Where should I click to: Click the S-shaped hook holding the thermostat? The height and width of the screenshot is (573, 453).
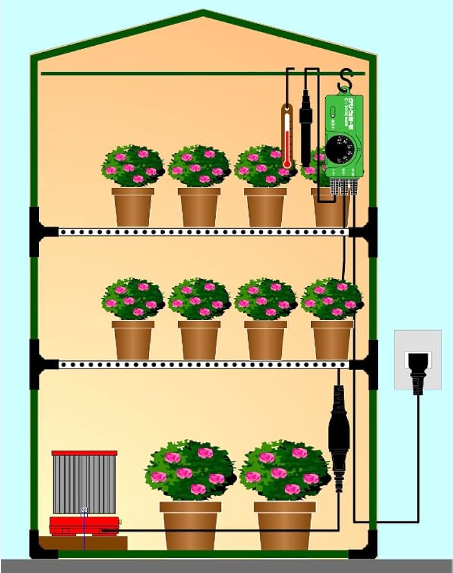345,80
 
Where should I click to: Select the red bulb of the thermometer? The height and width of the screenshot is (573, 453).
287,164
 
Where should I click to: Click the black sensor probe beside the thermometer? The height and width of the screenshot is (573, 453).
306,123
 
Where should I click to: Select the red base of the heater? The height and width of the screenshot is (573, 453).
84,525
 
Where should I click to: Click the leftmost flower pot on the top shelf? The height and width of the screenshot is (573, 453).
133,206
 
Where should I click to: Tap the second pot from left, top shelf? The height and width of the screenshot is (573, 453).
199,206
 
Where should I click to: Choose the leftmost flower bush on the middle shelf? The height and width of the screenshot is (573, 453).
133,298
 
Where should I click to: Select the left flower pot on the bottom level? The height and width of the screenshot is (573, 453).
190,524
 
